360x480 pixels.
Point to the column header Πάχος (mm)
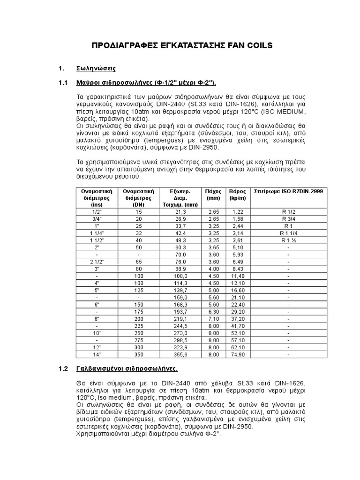point(213,195)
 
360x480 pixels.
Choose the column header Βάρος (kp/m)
point(238,195)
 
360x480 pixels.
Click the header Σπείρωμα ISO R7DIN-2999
point(288,192)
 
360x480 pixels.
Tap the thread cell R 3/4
point(288,219)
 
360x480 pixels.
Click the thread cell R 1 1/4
point(288,233)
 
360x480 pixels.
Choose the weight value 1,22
point(238,212)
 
